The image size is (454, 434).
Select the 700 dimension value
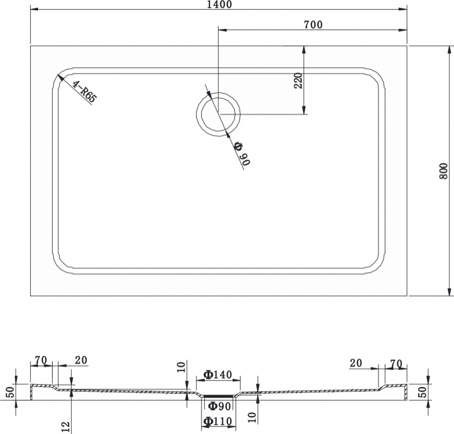(x=313, y=25)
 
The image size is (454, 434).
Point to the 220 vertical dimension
(x=299, y=81)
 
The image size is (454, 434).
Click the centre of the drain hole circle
(x=218, y=114)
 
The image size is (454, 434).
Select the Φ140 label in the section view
(x=218, y=374)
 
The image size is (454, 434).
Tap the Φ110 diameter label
(x=218, y=421)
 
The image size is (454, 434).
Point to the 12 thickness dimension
(x=66, y=427)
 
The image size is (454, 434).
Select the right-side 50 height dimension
(x=423, y=392)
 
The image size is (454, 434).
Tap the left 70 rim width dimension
(x=41, y=360)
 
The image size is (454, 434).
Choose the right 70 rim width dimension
(x=396, y=363)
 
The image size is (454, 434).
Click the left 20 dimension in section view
(x=81, y=360)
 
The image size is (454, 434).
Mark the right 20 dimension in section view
(x=356, y=363)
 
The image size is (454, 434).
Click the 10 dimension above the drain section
(x=180, y=367)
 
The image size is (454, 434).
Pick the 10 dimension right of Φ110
(x=253, y=418)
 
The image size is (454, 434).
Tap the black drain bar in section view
(x=218, y=395)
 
